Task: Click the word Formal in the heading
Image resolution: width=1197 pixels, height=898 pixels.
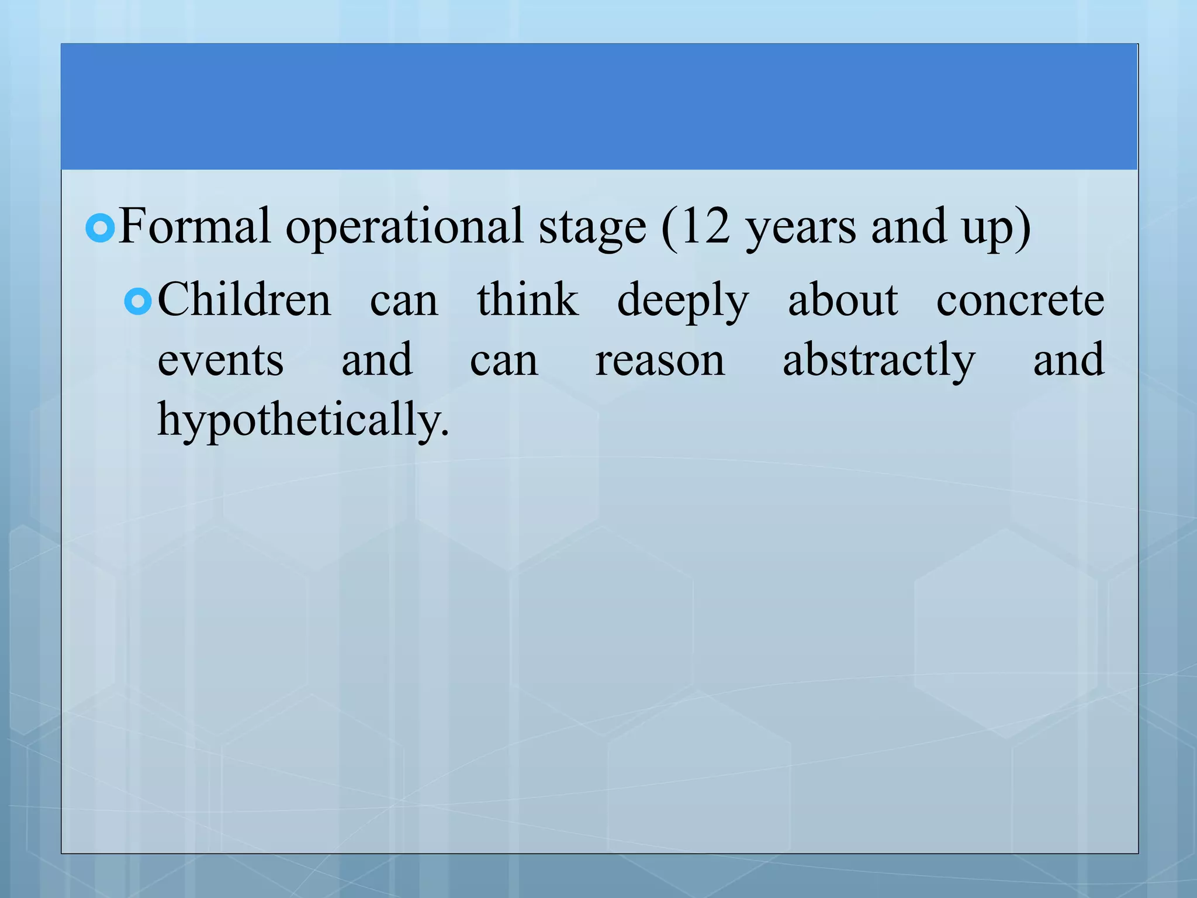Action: [195, 226]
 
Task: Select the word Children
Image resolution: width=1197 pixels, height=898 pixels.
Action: [244, 299]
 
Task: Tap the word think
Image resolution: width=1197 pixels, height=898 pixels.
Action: [527, 299]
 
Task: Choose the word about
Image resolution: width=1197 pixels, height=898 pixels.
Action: [842, 299]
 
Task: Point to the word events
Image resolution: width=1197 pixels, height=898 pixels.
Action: [220, 361]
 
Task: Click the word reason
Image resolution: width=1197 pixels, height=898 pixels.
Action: [660, 361]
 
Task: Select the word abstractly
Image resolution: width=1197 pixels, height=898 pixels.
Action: [878, 361]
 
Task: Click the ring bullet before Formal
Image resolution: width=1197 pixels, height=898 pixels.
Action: [100, 228]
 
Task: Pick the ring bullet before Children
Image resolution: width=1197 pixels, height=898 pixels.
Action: [139, 301]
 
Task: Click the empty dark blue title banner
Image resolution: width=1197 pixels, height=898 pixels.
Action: [599, 106]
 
